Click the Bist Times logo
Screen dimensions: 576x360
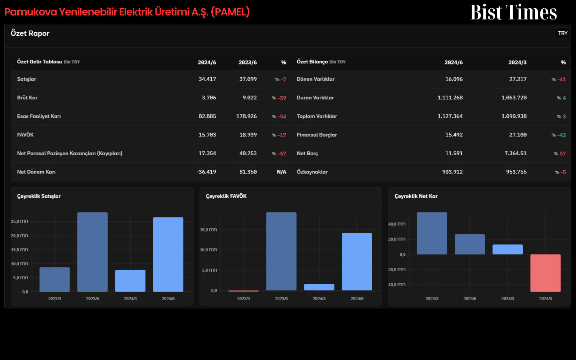(513, 12)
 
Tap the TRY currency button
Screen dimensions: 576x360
(563, 33)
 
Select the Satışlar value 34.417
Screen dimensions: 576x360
(207, 79)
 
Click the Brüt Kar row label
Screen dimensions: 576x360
(27, 98)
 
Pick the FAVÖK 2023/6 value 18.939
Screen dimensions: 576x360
(248, 135)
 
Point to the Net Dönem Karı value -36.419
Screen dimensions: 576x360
(206, 172)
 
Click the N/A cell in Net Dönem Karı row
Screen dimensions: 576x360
(281, 172)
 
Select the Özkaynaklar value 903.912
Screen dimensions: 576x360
(452, 172)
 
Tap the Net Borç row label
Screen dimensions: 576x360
(307, 153)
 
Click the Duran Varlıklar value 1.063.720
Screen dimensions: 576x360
(514, 98)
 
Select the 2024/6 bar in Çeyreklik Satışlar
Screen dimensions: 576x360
(168, 255)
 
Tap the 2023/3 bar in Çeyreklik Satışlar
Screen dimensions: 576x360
(54, 279)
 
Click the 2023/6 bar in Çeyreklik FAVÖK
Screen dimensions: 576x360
(281, 252)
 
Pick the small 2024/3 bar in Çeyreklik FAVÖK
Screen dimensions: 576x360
(319, 287)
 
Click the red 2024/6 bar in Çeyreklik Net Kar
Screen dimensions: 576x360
(545, 273)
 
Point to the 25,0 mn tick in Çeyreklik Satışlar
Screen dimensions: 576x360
(19, 221)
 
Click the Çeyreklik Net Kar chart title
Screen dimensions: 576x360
(416, 196)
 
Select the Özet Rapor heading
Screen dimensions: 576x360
(30, 33)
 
